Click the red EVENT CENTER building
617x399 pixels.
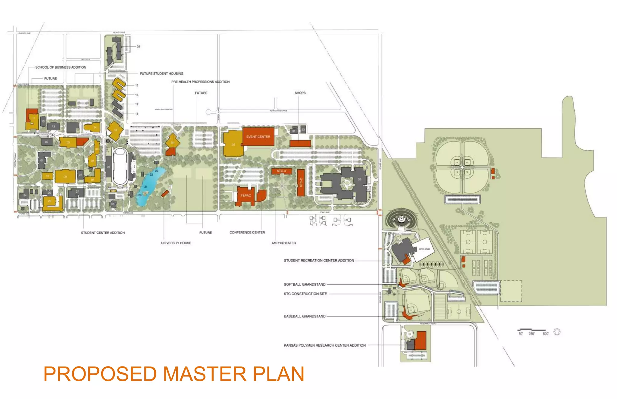pyautogui.click(x=258, y=137)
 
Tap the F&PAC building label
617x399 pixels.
pyautogui.click(x=246, y=195)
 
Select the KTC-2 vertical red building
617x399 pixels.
pyautogui.click(x=301, y=182)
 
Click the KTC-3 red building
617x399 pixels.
pyautogui.click(x=281, y=171)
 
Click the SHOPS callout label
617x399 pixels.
pyautogui.click(x=300, y=93)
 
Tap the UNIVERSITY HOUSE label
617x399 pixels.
pyautogui.click(x=176, y=243)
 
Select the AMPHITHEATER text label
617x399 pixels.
pyautogui.click(x=283, y=243)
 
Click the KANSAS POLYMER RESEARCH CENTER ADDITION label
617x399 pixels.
pyautogui.click(x=324, y=345)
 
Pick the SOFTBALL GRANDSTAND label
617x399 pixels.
pyautogui.click(x=305, y=284)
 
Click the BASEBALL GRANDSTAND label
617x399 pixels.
pyautogui.click(x=305, y=316)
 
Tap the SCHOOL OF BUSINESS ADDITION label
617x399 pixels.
pyautogui.click(x=61, y=67)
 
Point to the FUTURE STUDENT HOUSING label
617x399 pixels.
pyautogui.click(x=161, y=73)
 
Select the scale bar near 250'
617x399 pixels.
pyautogui.click(x=531, y=330)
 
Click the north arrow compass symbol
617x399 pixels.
pyautogui.click(x=557, y=332)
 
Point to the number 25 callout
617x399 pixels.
pyautogui.click(x=138, y=47)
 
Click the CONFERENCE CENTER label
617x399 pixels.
pyautogui.click(x=247, y=232)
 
